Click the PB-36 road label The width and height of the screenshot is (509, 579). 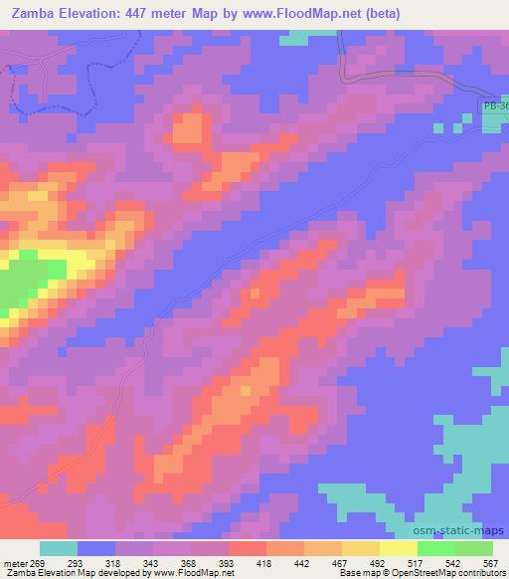[x=495, y=103]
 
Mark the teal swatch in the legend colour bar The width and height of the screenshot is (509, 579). [x=59, y=548]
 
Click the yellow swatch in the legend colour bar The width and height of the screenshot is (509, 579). [x=399, y=548]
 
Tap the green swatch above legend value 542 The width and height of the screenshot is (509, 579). [x=436, y=548]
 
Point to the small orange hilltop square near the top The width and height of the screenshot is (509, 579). [x=189, y=129]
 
